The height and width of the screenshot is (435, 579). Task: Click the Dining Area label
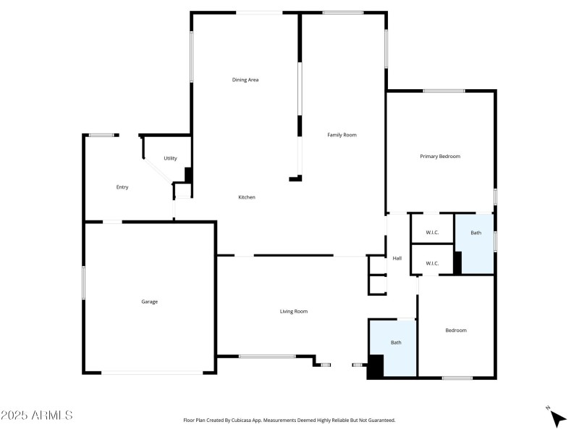pos(245,80)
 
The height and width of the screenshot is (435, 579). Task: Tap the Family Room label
pos(342,135)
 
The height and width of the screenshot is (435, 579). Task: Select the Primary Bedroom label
pos(440,157)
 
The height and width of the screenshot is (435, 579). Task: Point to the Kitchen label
pos(247,197)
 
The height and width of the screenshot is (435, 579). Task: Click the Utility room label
pos(170,158)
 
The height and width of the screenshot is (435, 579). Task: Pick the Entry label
pos(122,187)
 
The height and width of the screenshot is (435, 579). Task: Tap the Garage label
pos(149,302)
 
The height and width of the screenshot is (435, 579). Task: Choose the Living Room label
pos(294,312)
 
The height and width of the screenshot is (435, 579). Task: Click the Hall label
pos(397,259)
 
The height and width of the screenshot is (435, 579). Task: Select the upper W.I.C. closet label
pos(432,233)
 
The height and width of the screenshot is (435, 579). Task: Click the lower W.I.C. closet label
pos(432,263)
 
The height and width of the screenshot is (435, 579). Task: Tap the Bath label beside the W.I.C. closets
pos(476,233)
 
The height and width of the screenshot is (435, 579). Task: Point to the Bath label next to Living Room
pos(396,342)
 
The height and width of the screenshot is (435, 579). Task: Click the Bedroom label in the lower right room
pos(456,331)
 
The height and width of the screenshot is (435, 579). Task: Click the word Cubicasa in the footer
pos(250,420)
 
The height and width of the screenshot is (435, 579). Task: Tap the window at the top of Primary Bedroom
pos(444,91)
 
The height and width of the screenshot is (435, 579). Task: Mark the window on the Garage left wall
pos(84,282)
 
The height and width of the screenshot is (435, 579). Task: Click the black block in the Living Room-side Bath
pos(375,366)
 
